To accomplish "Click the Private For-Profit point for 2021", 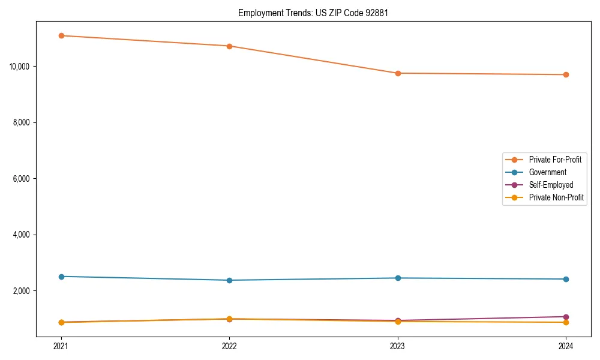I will point(61,35).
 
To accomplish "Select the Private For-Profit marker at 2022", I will point(229,46).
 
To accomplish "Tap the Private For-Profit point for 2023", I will point(398,73).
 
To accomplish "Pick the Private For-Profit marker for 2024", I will point(566,74).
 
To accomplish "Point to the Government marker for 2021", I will point(61,277).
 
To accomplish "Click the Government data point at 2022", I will point(229,280).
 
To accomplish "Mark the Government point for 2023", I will point(398,278).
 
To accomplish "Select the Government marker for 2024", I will point(566,279).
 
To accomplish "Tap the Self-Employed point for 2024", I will point(566,317).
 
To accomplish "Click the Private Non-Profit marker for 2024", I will point(566,322).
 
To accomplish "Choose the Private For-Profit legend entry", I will point(554,160).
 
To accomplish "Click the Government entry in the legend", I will point(547,172).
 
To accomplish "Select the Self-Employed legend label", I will point(551,185).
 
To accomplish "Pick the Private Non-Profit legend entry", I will point(556,197).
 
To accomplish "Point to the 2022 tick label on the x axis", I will point(229,346).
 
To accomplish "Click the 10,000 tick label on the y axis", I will point(20,66).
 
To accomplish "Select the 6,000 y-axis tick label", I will point(22,179).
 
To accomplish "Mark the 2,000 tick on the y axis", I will point(22,291).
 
